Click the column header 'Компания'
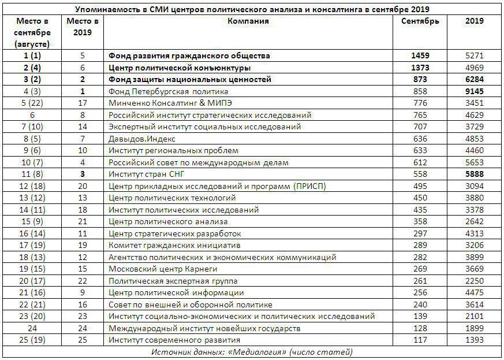pos(248,21)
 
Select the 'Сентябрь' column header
pos(420,21)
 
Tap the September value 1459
pos(420,56)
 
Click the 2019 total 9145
pos(474,91)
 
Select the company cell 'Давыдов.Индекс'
pos(142,139)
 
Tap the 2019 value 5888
pos(474,175)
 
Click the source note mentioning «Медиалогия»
pos(252,352)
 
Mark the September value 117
pos(420,340)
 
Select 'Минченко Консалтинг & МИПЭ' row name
pos(167,103)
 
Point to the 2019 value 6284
pos(474,80)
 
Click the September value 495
pos(420,186)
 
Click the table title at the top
pos(252,9)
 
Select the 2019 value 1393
pos(474,340)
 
